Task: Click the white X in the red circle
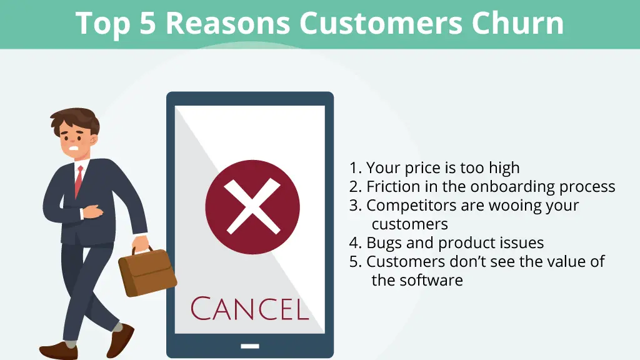click(252, 206)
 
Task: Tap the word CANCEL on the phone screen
click(250, 309)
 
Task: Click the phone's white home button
click(250, 346)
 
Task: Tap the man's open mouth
click(74, 148)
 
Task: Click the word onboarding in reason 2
click(512, 186)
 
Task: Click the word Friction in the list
click(392, 186)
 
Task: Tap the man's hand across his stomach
click(92, 211)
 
